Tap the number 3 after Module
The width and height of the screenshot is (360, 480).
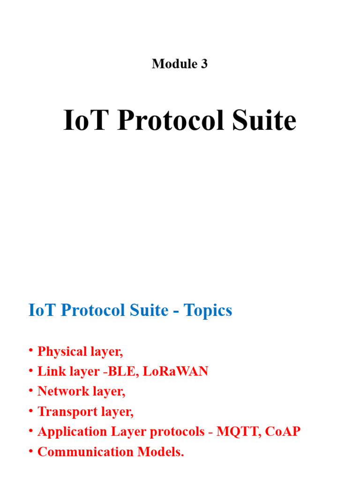click(204, 64)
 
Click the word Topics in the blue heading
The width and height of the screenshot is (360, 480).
click(208, 310)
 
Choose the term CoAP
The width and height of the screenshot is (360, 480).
click(283, 432)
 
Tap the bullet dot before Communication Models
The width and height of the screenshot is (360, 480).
click(30, 451)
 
